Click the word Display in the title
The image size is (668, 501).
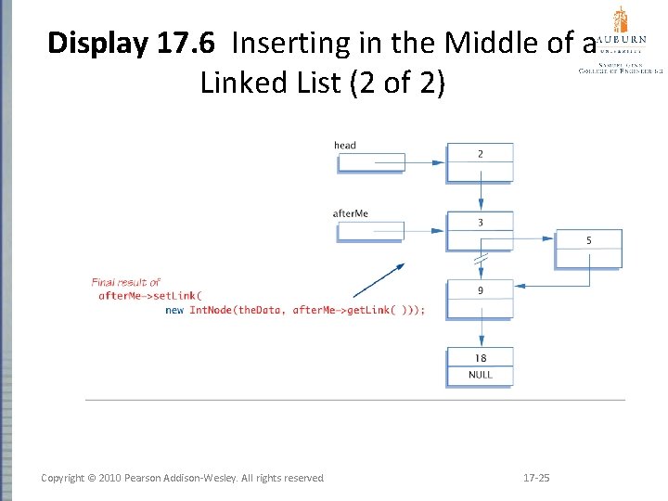pos(96,43)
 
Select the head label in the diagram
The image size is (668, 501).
pos(345,145)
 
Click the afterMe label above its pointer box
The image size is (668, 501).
pos(351,213)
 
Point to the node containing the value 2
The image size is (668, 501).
pos(480,162)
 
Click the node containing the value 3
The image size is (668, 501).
pos(480,231)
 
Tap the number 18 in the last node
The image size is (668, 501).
pos(480,358)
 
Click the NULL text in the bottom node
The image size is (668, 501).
pos(480,375)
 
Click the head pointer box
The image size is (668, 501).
pos(371,162)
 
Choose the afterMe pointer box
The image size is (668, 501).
pos(371,230)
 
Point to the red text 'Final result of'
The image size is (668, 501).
pos(125,282)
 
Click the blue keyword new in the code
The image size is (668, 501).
pos(174,310)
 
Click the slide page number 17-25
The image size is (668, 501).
pos(536,478)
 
